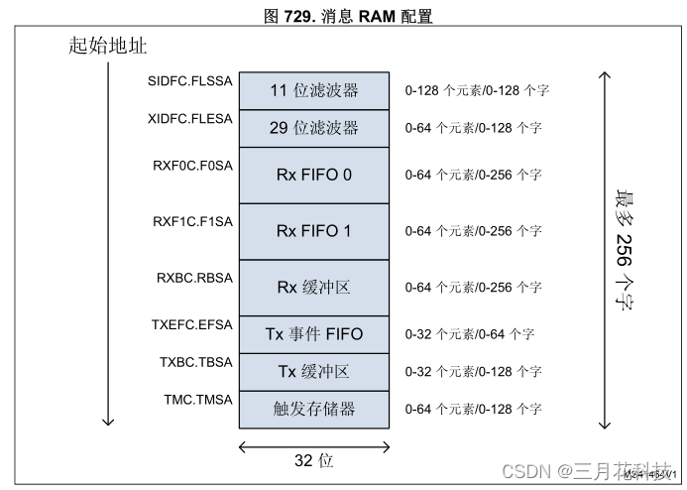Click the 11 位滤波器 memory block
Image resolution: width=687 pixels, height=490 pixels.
(313, 90)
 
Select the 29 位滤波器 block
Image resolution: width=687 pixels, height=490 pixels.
(313, 128)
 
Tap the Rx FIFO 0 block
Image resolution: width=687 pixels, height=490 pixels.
(313, 175)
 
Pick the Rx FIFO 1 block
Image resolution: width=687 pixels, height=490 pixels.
(313, 231)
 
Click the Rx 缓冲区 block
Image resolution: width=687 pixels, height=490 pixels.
(313, 287)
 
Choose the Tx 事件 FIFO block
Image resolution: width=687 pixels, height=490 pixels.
(313, 333)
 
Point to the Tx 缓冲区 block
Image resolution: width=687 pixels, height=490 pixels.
(313, 371)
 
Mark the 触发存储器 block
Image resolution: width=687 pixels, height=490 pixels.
(313, 408)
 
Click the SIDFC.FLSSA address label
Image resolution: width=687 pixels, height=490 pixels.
(188, 80)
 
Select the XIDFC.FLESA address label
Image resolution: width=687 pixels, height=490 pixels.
(188, 118)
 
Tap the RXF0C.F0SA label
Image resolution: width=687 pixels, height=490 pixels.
(190, 165)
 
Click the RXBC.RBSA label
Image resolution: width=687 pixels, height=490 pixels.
(193, 277)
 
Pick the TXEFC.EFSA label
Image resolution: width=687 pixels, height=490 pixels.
(190, 323)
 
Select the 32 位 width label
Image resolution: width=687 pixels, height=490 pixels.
(313, 461)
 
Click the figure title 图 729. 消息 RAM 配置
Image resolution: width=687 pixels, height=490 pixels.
(342, 16)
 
